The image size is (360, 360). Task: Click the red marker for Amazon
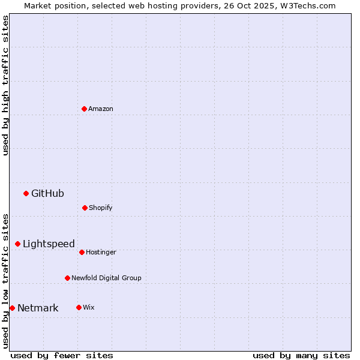(x=84, y=109)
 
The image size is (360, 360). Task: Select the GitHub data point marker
(x=26, y=193)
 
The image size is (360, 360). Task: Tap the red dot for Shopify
(x=85, y=208)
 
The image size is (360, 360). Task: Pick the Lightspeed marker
(x=17, y=244)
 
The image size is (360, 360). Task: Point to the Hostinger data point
(x=82, y=252)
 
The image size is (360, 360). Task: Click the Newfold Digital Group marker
(x=67, y=278)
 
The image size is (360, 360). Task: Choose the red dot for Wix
(x=79, y=307)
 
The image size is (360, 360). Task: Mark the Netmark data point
(x=12, y=308)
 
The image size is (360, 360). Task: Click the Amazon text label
(x=101, y=109)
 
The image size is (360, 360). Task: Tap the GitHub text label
(x=47, y=193)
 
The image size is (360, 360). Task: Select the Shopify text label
(x=101, y=208)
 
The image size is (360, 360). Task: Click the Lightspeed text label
(x=49, y=244)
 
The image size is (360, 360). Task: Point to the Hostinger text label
(x=101, y=252)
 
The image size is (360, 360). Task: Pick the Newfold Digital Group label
(x=106, y=278)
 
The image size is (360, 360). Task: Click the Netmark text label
(x=38, y=308)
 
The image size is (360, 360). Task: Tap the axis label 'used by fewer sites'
(x=62, y=355)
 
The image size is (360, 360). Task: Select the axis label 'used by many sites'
(x=301, y=355)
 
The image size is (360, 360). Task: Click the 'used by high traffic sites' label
(x=5, y=85)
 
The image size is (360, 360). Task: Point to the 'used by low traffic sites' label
(x=5, y=281)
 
